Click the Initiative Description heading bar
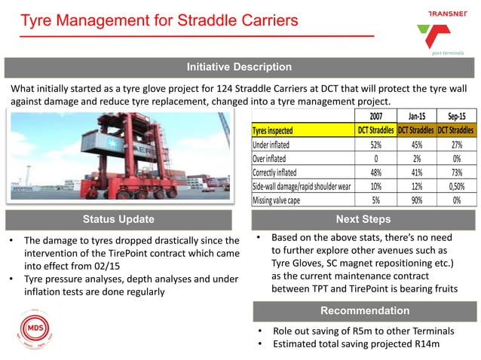240,68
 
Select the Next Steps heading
364,219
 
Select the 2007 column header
379,116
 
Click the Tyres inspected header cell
277,130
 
